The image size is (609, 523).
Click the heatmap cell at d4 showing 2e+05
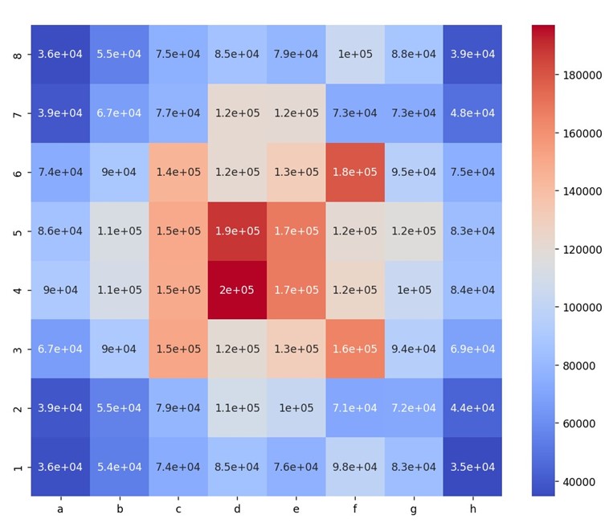tap(237, 290)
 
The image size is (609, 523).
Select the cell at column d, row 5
tap(237, 231)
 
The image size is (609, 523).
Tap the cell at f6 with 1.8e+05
tap(355, 172)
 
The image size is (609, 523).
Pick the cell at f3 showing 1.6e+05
tap(355, 349)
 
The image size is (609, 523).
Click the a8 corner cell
tap(60, 55)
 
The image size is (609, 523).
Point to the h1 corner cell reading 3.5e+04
tap(472, 467)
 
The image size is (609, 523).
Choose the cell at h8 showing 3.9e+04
tap(472, 55)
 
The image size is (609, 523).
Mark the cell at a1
tap(60, 467)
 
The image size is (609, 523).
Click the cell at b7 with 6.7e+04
tap(119, 113)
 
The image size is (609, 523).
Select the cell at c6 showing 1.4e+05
tap(178, 172)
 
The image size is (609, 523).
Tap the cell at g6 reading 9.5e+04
tap(414, 172)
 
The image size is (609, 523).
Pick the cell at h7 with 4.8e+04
tap(472, 113)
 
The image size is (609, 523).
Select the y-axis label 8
tap(18, 55)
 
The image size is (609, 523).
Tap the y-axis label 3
tap(18, 349)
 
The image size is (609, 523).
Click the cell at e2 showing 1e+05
tap(296, 408)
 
